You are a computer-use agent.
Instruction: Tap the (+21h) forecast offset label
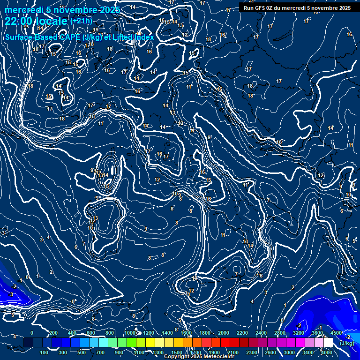coord(81,21)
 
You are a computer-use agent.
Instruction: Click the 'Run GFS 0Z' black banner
coord(297,7)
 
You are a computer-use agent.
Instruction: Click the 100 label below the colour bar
coord(45,352)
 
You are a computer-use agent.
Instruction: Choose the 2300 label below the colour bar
coord(251,352)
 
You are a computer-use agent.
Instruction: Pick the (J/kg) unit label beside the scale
coord(347,343)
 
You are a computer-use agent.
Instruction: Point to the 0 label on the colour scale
coord(32,333)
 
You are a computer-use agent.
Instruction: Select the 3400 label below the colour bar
coord(308,352)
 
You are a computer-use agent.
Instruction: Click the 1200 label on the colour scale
coord(148,333)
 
